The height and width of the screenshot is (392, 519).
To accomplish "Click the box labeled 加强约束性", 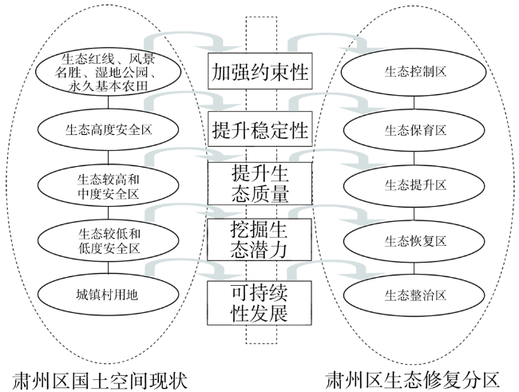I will tap(259, 72).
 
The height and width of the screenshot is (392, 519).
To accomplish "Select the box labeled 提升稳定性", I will tap(259, 128).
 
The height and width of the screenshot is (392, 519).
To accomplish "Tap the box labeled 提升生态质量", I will tap(259, 184).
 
